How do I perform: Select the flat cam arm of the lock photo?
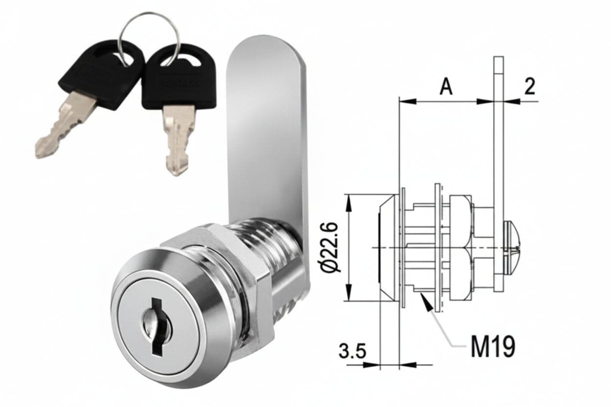point(269,153)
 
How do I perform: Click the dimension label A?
point(446,86)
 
